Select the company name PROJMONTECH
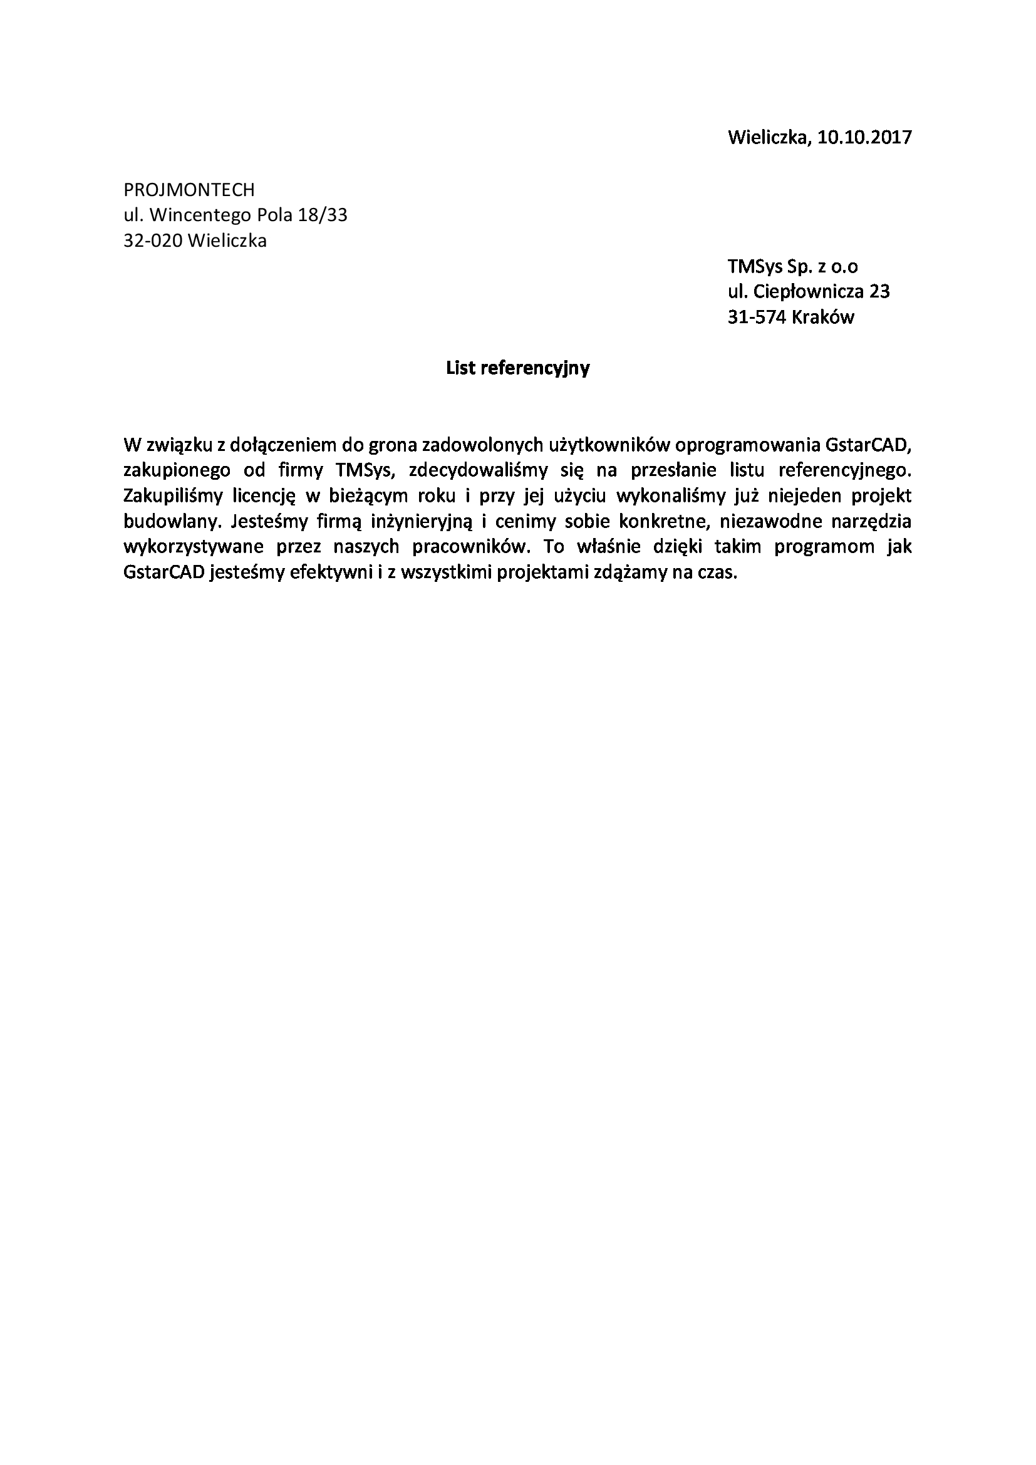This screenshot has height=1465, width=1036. click(x=189, y=190)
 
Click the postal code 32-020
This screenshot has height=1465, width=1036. click(x=153, y=241)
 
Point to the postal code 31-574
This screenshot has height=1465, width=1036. click(x=757, y=317)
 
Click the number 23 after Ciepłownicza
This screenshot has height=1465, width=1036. click(x=879, y=292)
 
